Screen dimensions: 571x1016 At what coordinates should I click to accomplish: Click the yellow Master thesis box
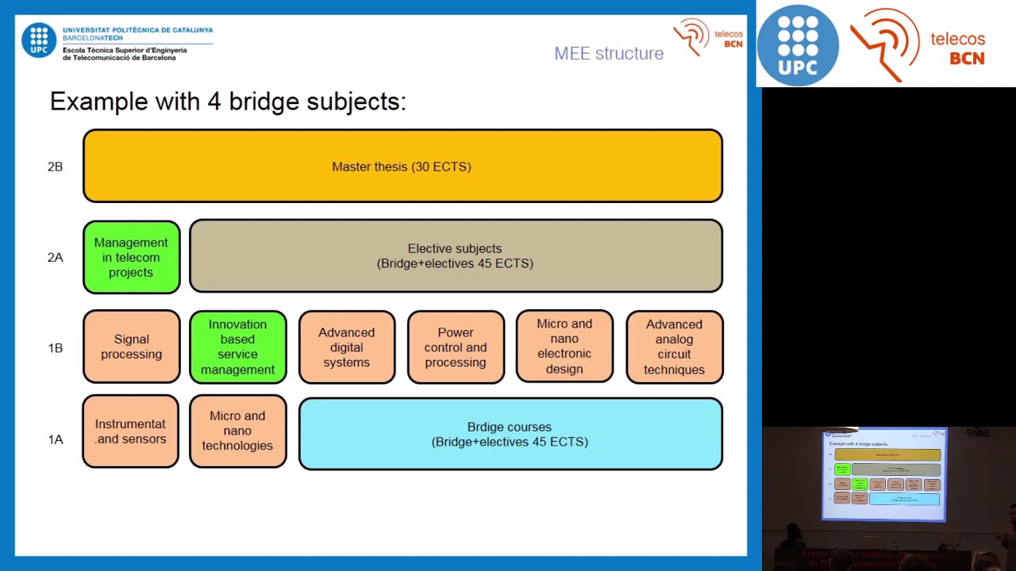click(x=402, y=166)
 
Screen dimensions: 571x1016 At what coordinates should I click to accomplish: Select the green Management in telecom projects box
click(x=132, y=257)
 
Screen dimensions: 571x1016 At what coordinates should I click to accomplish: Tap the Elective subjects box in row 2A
click(x=456, y=256)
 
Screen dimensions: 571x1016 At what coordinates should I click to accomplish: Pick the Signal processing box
click(x=132, y=347)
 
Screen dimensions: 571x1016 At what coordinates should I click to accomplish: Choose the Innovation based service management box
click(x=238, y=347)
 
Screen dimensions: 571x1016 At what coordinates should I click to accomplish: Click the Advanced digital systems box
click(x=347, y=347)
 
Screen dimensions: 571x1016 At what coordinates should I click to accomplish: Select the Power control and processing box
click(x=456, y=347)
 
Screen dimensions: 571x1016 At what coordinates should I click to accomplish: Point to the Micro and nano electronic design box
click(x=564, y=347)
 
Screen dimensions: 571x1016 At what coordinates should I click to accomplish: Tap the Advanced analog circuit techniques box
click(x=674, y=347)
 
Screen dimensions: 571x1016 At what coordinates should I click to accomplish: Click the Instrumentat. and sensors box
click(x=131, y=431)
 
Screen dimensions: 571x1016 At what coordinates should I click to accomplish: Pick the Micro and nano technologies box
click(x=238, y=431)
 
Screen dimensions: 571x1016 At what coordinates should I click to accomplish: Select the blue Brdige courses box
click(x=510, y=434)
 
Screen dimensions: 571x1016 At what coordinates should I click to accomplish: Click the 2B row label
click(x=55, y=167)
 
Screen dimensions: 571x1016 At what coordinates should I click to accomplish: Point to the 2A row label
click(x=55, y=257)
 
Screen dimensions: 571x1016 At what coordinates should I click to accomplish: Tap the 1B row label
click(x=55, y=347)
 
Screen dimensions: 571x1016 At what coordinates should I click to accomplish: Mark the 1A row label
click(x=55, y=439)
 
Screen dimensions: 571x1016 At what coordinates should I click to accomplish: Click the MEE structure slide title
click(x=609, y=53)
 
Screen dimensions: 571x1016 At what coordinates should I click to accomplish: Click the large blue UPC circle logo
click(x=798, y=44)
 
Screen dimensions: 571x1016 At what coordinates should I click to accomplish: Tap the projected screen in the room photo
click(x=883, y=474)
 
